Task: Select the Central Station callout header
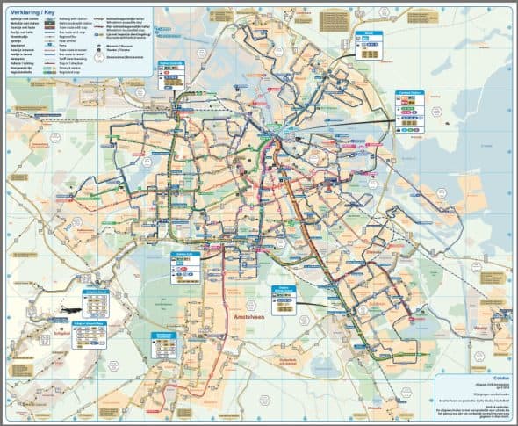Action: point(409,90)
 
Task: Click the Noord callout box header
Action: point(369,32)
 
